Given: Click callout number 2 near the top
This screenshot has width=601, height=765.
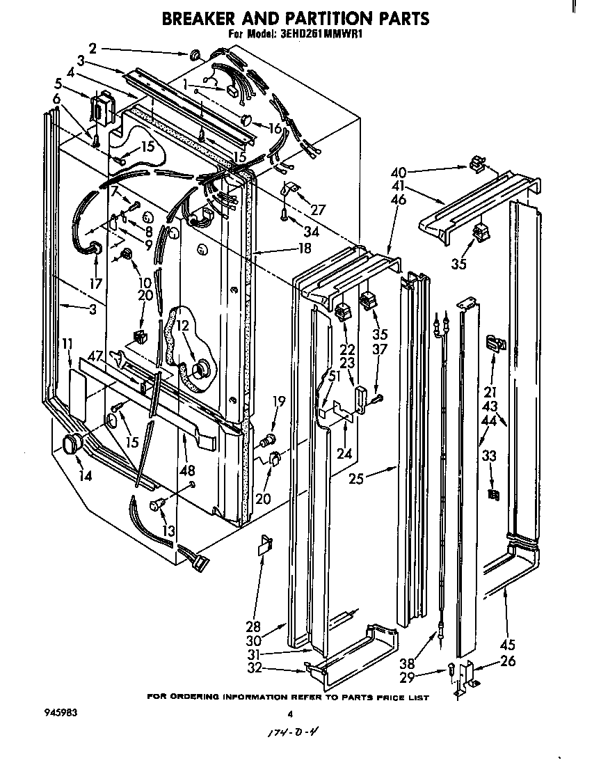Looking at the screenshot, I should click(x=93, y=48).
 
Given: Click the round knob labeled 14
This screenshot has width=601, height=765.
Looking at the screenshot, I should click(x=72, y=443).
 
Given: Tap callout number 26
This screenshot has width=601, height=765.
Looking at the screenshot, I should click(x=508, y=661).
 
